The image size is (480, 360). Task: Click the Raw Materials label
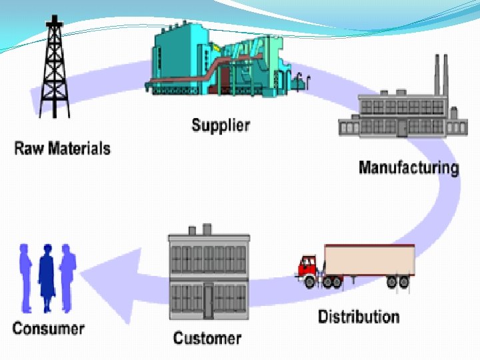click(x=62, y=147)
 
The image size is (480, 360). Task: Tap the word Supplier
click(x=221, y=125)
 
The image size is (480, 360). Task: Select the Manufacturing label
click(x=409, y=167)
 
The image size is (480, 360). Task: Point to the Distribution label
click(x=359, y=315)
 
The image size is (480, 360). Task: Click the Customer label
click(x=207, y=337)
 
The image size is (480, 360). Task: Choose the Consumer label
click(x=48, y=328)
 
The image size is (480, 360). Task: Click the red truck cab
click(x=307, y=267)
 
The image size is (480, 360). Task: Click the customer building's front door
click(x=209, y=299)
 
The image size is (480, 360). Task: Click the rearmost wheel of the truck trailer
click(x=403, y=282)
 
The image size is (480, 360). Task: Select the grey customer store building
click(x=209, y=274)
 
